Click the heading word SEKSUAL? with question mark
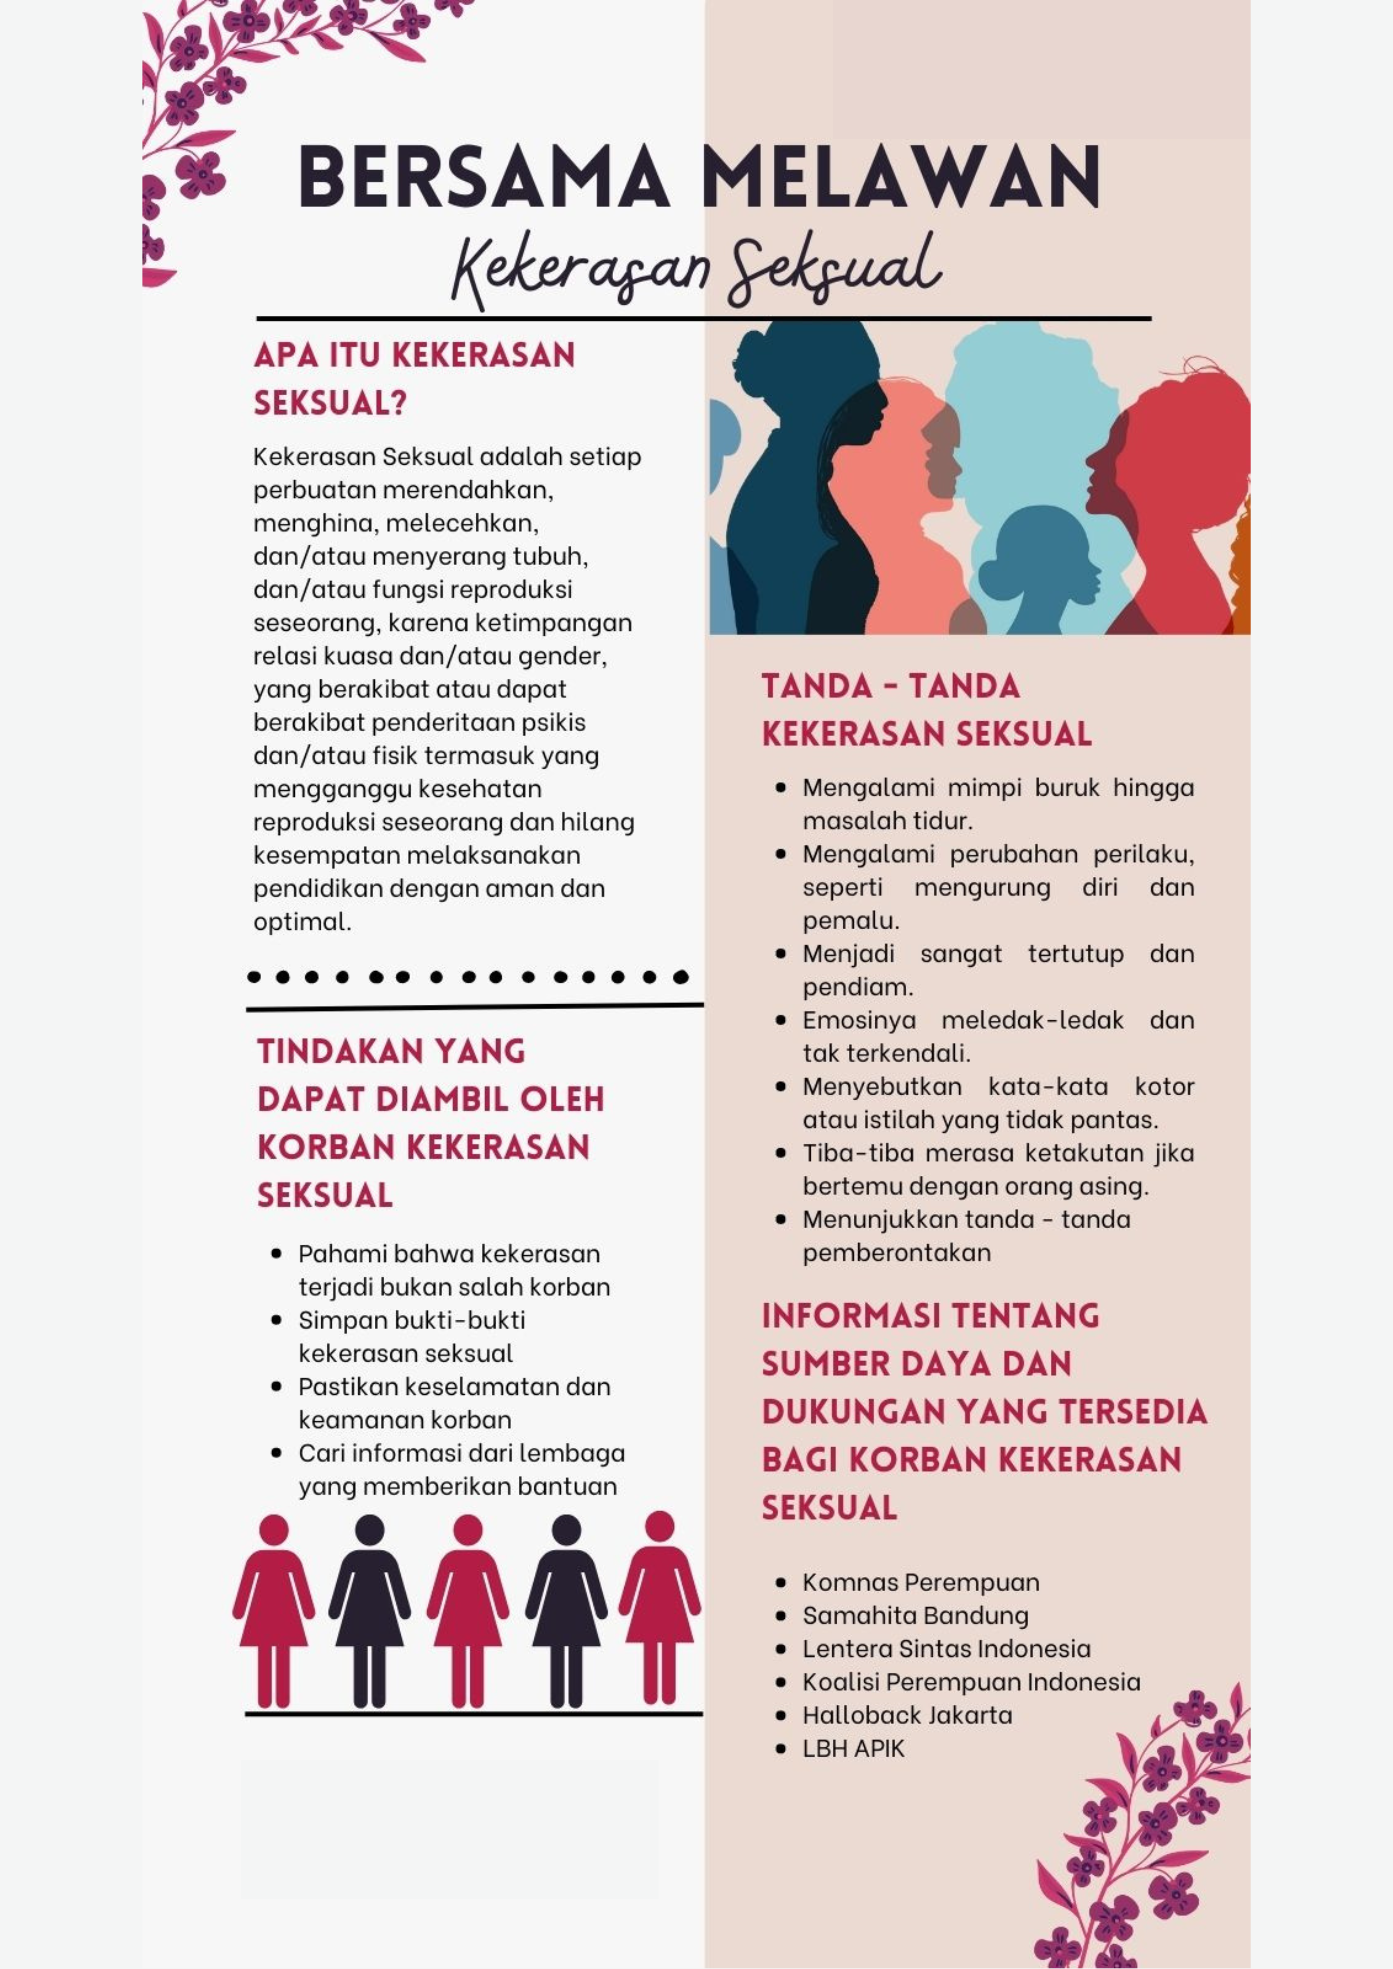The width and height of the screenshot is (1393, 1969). point(330,403)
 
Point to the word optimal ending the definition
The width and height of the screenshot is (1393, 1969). point(302,922)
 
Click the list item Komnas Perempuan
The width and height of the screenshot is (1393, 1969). point(920,1582)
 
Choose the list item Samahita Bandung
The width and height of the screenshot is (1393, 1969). point(915,1616)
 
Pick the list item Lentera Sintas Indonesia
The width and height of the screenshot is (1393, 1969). point(946,1649)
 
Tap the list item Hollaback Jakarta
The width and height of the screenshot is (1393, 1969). point(907,1715)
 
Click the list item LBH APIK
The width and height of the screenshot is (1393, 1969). point(853,1748)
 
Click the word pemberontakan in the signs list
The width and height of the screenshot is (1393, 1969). point(896,1253)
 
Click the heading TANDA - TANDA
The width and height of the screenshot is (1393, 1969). point(890,686)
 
